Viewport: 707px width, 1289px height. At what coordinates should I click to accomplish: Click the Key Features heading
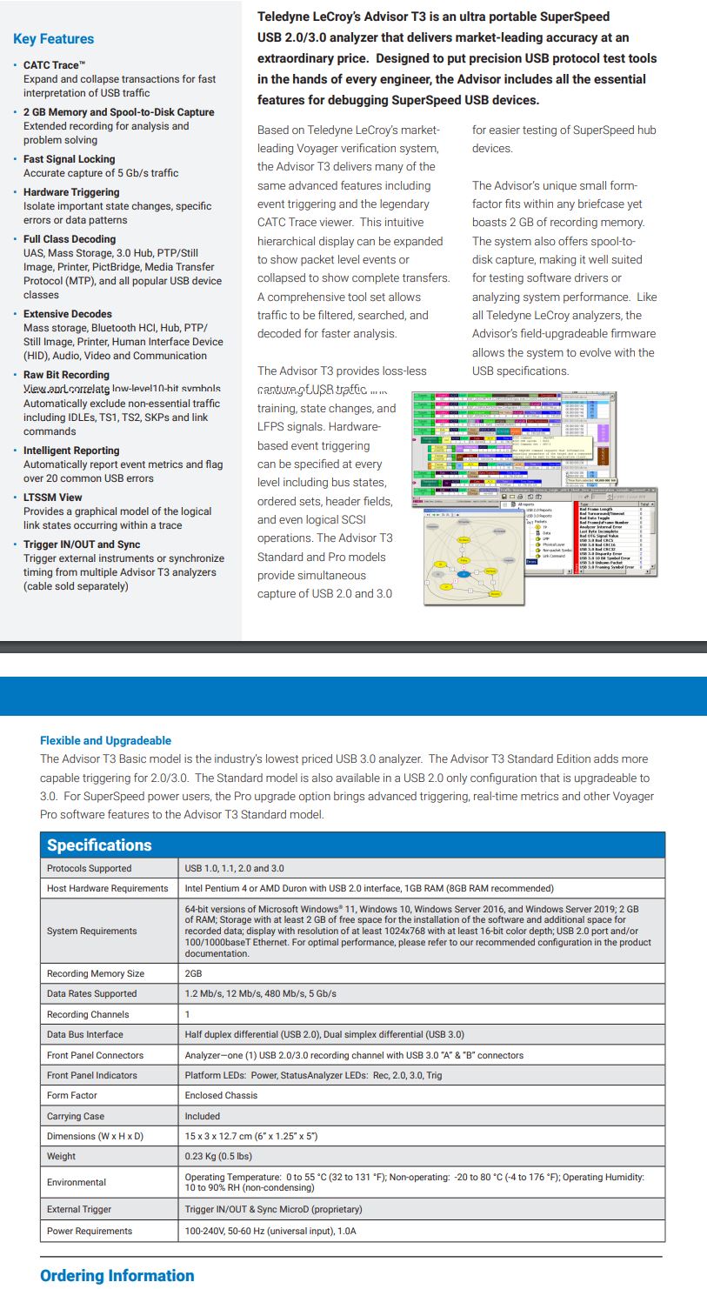click(53, 39)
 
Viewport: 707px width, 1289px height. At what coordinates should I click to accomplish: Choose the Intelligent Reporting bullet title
click(71, 451)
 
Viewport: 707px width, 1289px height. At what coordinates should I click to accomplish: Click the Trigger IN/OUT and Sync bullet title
click(82, 544)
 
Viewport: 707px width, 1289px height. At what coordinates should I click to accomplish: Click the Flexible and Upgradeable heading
click(105, 740)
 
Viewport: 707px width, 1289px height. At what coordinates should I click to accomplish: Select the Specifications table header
click(99, 845)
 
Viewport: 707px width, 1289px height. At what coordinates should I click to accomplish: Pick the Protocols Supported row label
click(89, 868)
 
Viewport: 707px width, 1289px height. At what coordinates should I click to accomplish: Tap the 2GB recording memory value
click(193, 973)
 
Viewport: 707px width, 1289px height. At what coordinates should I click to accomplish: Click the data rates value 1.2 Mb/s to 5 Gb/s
click(260, 993)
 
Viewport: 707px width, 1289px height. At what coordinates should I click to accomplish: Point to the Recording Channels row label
click(88, 1014)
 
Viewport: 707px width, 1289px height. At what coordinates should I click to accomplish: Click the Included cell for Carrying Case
click(203, 1116)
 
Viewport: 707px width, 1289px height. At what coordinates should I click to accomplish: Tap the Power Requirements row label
click(90, 1231)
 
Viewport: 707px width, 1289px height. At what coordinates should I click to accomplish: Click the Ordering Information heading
click(117, 1276)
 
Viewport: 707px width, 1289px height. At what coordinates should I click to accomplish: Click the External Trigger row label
click(79, 1209)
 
